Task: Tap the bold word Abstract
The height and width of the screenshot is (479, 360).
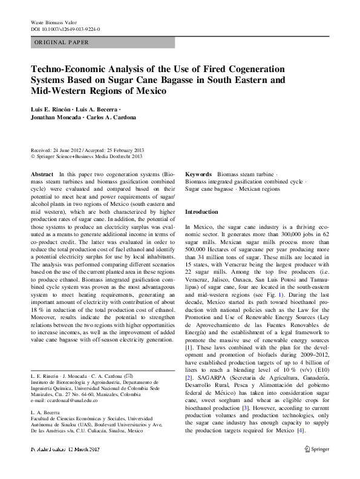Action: pos(42,174)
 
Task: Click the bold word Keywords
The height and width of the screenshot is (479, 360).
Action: pos(198,174)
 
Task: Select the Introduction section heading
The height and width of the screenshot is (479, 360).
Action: pos(201,213)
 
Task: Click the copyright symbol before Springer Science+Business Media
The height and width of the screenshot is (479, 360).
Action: pos(33,156)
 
